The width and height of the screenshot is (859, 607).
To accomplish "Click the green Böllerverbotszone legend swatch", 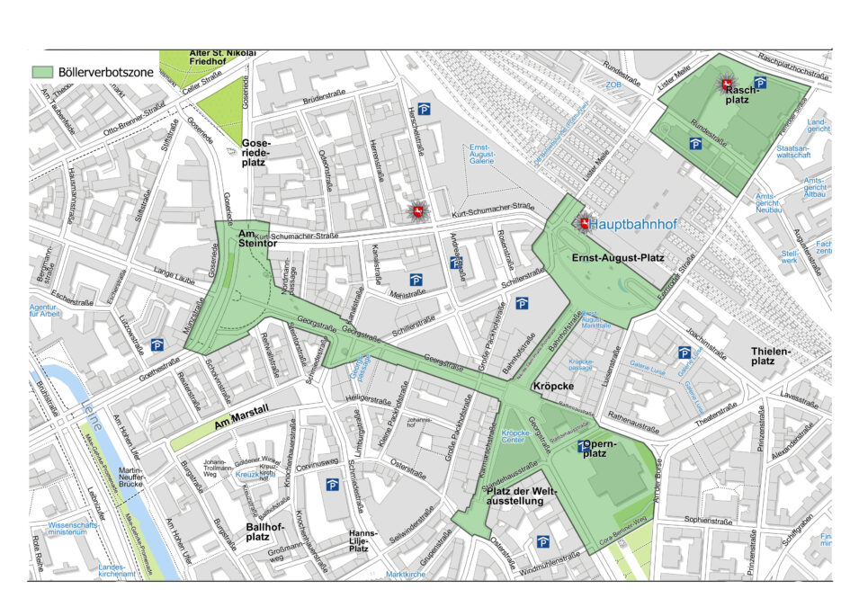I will [41, 71].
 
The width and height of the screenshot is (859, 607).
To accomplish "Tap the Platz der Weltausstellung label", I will [522, 495].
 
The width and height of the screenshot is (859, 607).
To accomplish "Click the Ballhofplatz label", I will [245, 531].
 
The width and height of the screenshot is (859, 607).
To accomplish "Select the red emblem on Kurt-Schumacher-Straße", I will [416, 211].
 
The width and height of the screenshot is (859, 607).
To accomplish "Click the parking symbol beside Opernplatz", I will [583, 446].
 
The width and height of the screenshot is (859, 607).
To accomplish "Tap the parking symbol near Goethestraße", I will [157, 344].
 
